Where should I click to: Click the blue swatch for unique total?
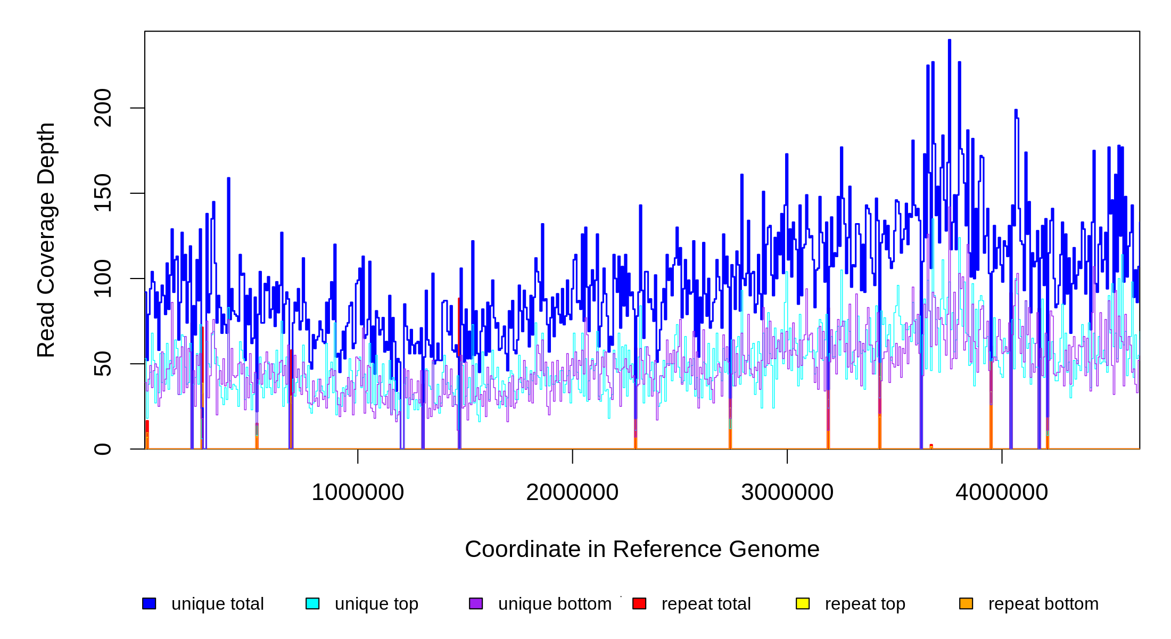[149, 603]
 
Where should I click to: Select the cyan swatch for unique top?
[312, 603]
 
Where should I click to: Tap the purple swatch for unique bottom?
[476, 603]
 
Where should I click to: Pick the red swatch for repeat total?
[639, 603]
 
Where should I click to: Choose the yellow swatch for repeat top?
[803, 603]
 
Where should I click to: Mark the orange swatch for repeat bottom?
[966, 603]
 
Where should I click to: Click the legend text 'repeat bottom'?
[1043, 604]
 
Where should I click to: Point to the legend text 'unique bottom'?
[555, 604]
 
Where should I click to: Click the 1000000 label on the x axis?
[358, 492]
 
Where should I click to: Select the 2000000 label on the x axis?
[572, 492]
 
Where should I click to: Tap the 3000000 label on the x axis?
[787, 492]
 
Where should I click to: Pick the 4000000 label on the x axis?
[1002, 492]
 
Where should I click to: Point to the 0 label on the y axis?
[102, 449]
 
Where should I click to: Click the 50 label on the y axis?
[102, 364]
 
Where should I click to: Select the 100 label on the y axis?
[102, 278]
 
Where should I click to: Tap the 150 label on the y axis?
[102, 193]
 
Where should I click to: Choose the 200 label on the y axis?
[102, 108]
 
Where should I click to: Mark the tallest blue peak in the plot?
[950, 41]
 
